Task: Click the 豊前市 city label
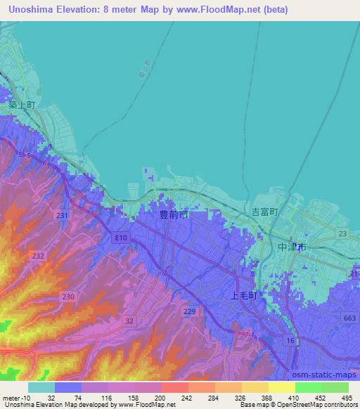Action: pyautogui.click(x=173, y=216)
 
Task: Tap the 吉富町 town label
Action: pyautogui.click(x=266, y=212)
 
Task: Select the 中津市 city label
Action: pyautogui.click(x=291, y=247)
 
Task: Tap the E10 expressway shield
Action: pyautogui.click(x=122, y=238)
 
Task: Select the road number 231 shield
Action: pyautogui.click(x=63, y=215)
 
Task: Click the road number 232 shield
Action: pyautogui.click(x=38, y=258)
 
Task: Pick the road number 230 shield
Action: pyautogui.click(x=67, y=297)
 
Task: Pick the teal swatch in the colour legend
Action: pyautogui.click(x=41, y=387)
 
